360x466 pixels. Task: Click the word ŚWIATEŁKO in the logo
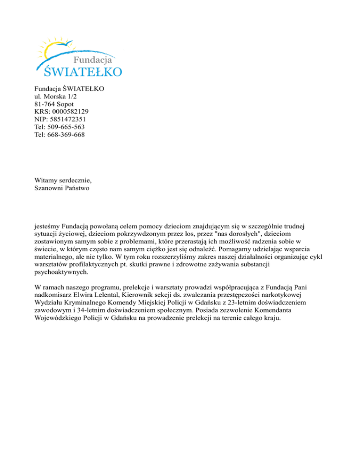[x=83, y=71]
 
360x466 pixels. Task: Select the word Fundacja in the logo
[x=94, y=60]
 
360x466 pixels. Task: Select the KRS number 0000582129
[x=69, y=112]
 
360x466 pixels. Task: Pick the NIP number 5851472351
[x=67, y=119]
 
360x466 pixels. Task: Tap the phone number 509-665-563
[x=66, y=127]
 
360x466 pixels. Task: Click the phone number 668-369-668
[x=66, y=135]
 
